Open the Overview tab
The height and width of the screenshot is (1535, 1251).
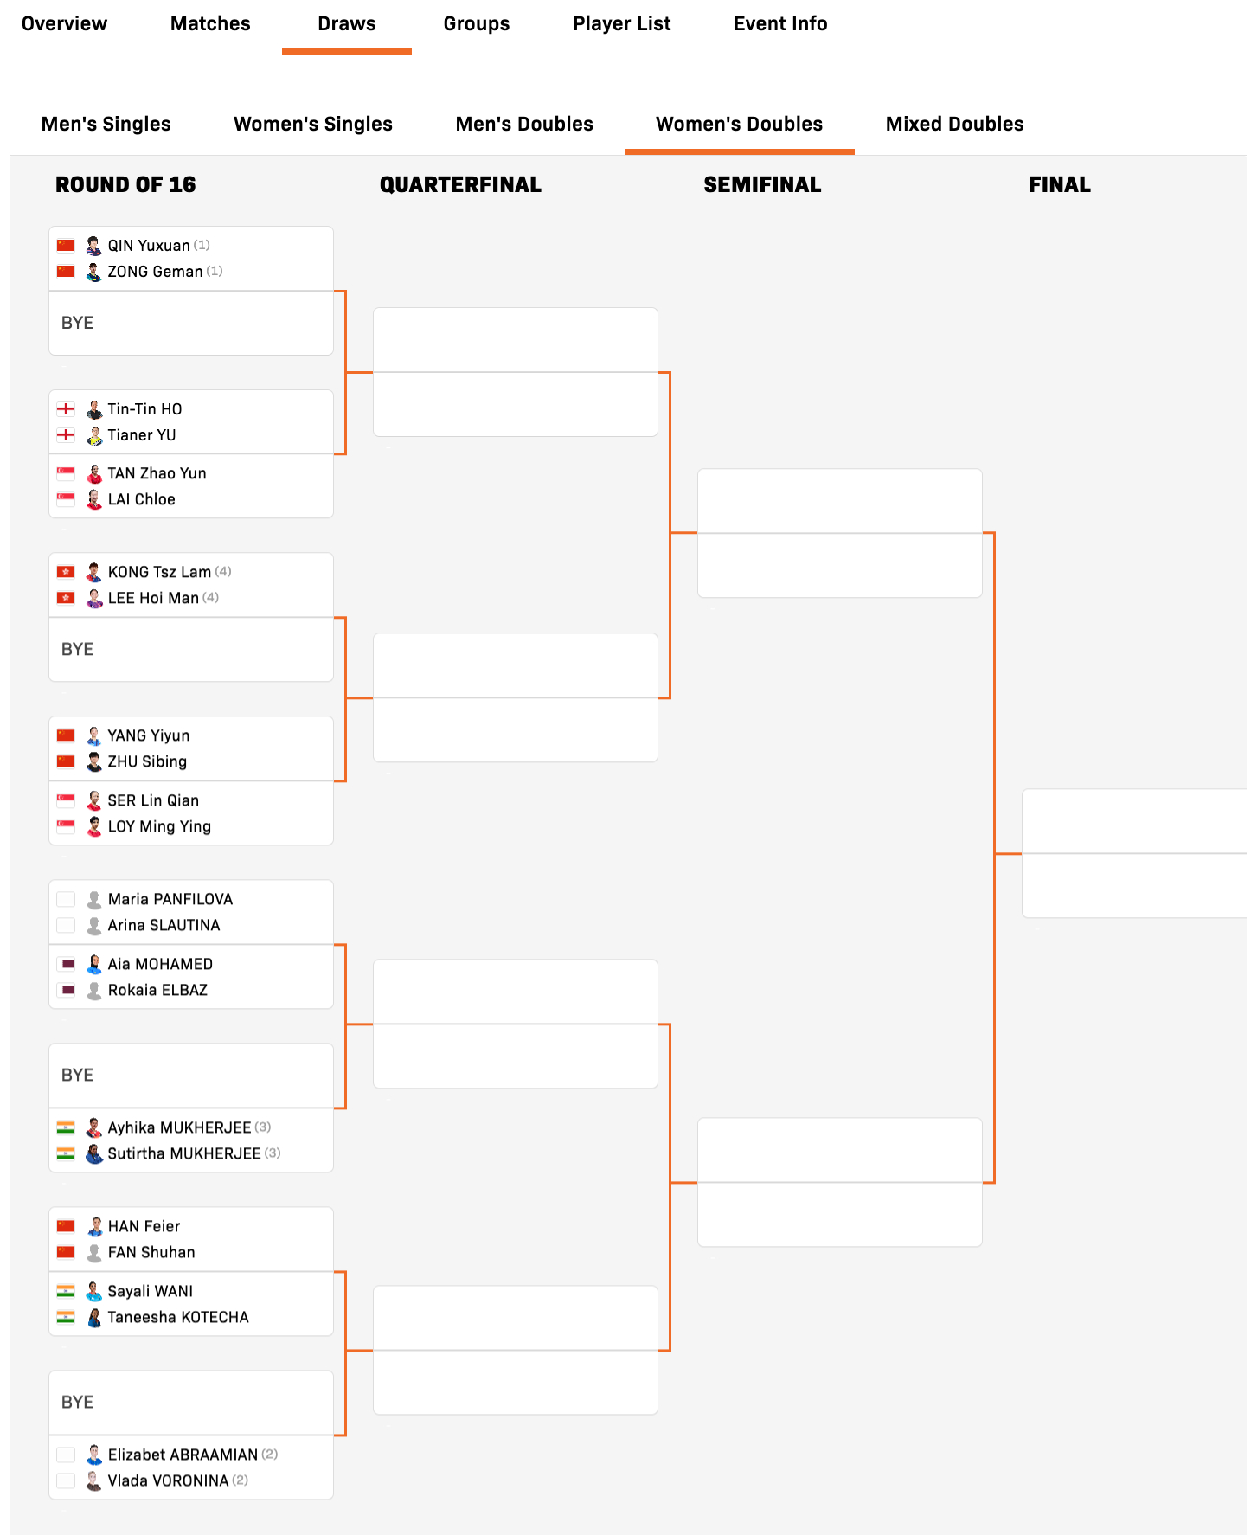(64, 24)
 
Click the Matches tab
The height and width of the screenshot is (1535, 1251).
(210, 24)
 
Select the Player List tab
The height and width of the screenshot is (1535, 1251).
(621, 24)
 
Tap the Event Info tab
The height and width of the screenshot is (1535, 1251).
(780, 24)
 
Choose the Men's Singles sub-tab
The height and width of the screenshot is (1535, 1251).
(106, 125)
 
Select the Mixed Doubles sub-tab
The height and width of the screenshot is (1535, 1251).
(954, 125)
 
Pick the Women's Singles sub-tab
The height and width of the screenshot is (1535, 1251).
(313, 125)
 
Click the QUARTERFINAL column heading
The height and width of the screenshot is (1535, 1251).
(460, 184)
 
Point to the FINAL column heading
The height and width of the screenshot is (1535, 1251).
(1059, 184)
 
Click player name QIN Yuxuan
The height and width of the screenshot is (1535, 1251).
(149, 246)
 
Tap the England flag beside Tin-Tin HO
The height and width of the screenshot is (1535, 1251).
(66, 409)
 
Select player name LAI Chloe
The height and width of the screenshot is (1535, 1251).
(141, 500)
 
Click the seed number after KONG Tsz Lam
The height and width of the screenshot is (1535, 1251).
(223, 572)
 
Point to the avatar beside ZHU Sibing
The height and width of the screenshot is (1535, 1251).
(94, 762)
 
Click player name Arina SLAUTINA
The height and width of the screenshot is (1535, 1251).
(164, 926)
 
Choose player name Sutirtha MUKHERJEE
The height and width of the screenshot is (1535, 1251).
(183, 1154)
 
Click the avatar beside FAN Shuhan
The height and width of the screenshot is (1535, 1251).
(94, 1253)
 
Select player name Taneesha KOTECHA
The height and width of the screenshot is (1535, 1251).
(178, 1318)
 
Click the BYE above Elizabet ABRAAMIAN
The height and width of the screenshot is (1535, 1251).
(78, 1403)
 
